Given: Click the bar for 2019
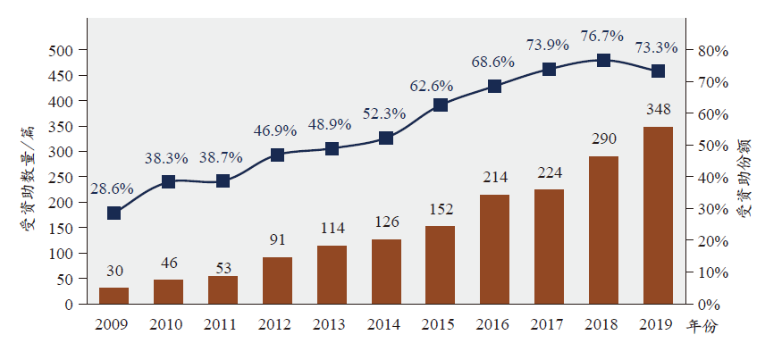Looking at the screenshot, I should pyautogui.click(x=658, y=215).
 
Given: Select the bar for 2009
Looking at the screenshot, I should pyautogui.click(x=113, y=296).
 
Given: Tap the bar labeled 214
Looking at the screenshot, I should pyautogui.click(x=494, y=249).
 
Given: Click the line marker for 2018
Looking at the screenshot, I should pyautogui.click(x=603, y=60).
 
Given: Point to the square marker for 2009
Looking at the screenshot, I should pyautogui.click(x=113, y=213).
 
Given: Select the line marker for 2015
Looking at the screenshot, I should pyautogui.click(x=440, y=105).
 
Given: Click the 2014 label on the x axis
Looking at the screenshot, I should pyautogui.click(x=386, y=325).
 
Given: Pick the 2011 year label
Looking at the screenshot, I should pyautogui.click(x=223, y=325).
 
